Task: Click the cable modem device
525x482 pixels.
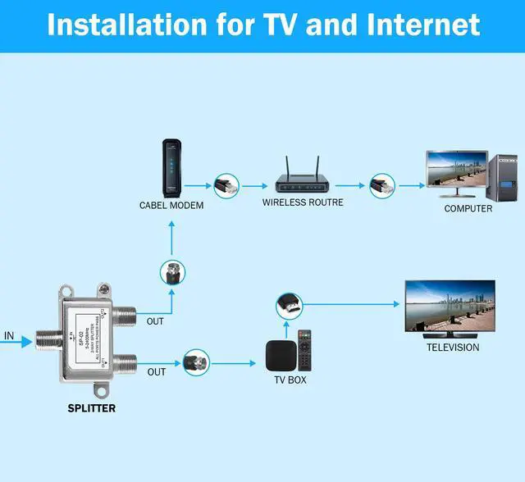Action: pyautogui.click(x=171, y=168)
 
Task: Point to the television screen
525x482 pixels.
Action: pyautogui.click(x=450, y=305)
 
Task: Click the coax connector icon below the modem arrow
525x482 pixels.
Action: pyautogui.click(x=172, y=272)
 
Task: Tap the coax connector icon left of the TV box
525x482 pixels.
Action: pyautogui.click(x=196, y=360)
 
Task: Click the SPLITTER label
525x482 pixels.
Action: pyautogui.click(x=91, y=407)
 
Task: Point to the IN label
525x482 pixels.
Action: pyautogui.click(x=9, y=335)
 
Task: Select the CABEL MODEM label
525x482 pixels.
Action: pyautogui.click(x=171, y=206)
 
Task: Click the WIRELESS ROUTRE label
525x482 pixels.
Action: pyautogui.click(x=303, y=202)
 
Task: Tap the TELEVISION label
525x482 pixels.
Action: pyautogui.click(x=452, y=348)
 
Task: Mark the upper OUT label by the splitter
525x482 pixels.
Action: pyautogui.click(x=155, y=321)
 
